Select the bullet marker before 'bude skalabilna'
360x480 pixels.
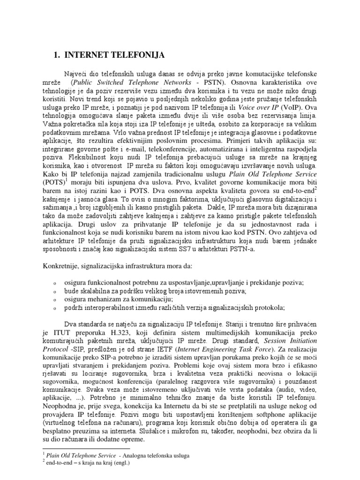coord(55,291)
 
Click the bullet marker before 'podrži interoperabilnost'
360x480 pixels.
coord(55,308)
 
